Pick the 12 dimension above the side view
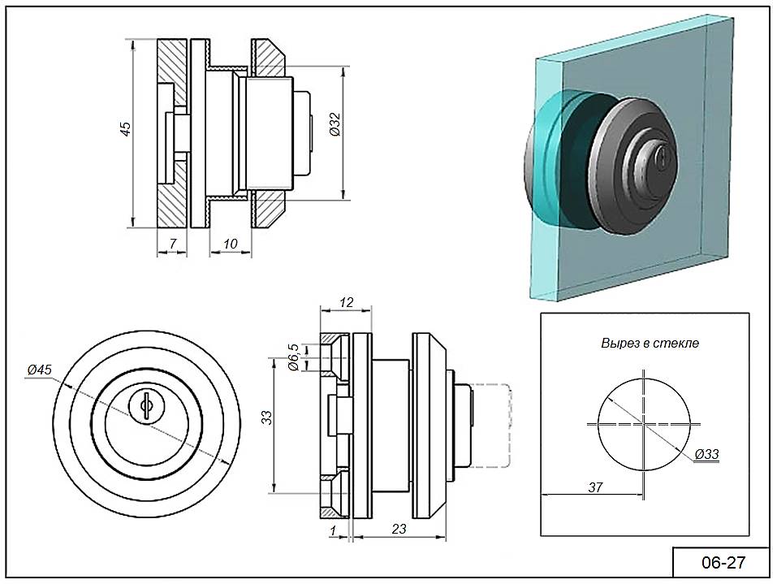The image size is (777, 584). click(x=345, y=302)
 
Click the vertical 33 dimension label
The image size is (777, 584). click(x=266, y=417)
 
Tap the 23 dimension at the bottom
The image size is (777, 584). click(x=399, y=528)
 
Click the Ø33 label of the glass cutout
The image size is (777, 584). click(x=707, y=454)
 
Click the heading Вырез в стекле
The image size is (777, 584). click(x=650, y=343)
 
